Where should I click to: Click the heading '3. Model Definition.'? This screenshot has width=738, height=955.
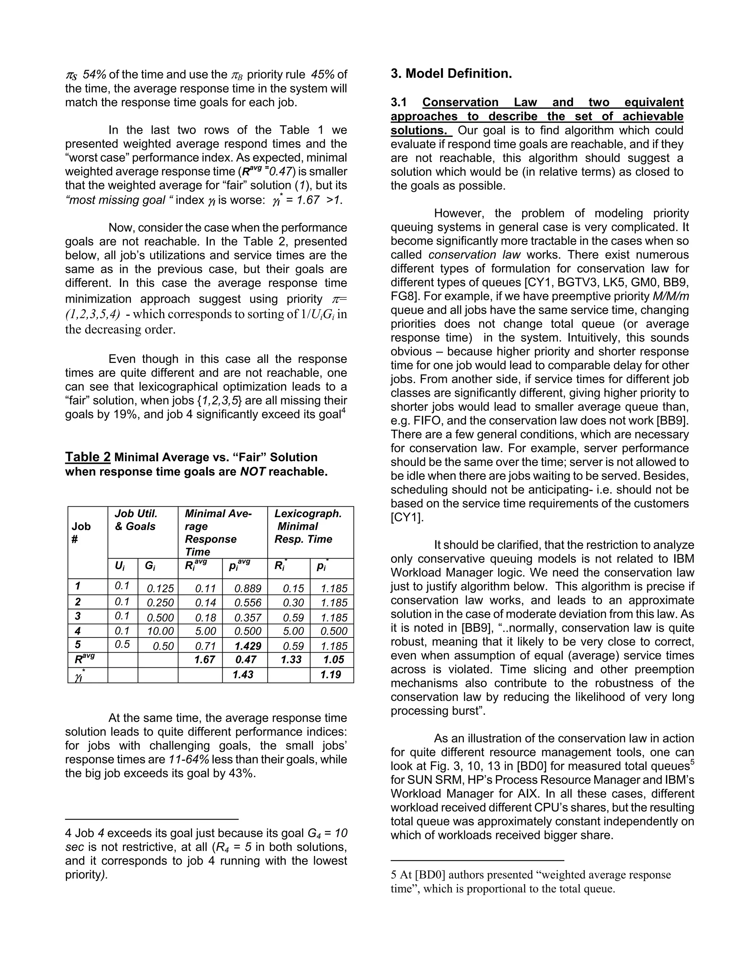coord(451,74)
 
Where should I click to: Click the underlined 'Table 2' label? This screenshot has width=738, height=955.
coord(88,457)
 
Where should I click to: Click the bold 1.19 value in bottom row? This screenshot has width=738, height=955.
coord(330,675)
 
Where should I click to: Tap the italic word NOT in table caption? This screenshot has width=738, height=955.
coord(253,472)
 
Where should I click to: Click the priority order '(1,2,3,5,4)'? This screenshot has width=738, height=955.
coord(93,314)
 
